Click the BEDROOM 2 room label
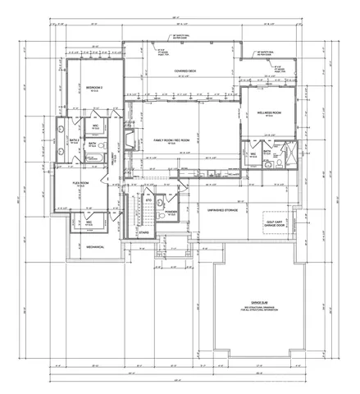(93, 86)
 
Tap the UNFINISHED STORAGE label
(222, 209)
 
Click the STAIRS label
(144, 232)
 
